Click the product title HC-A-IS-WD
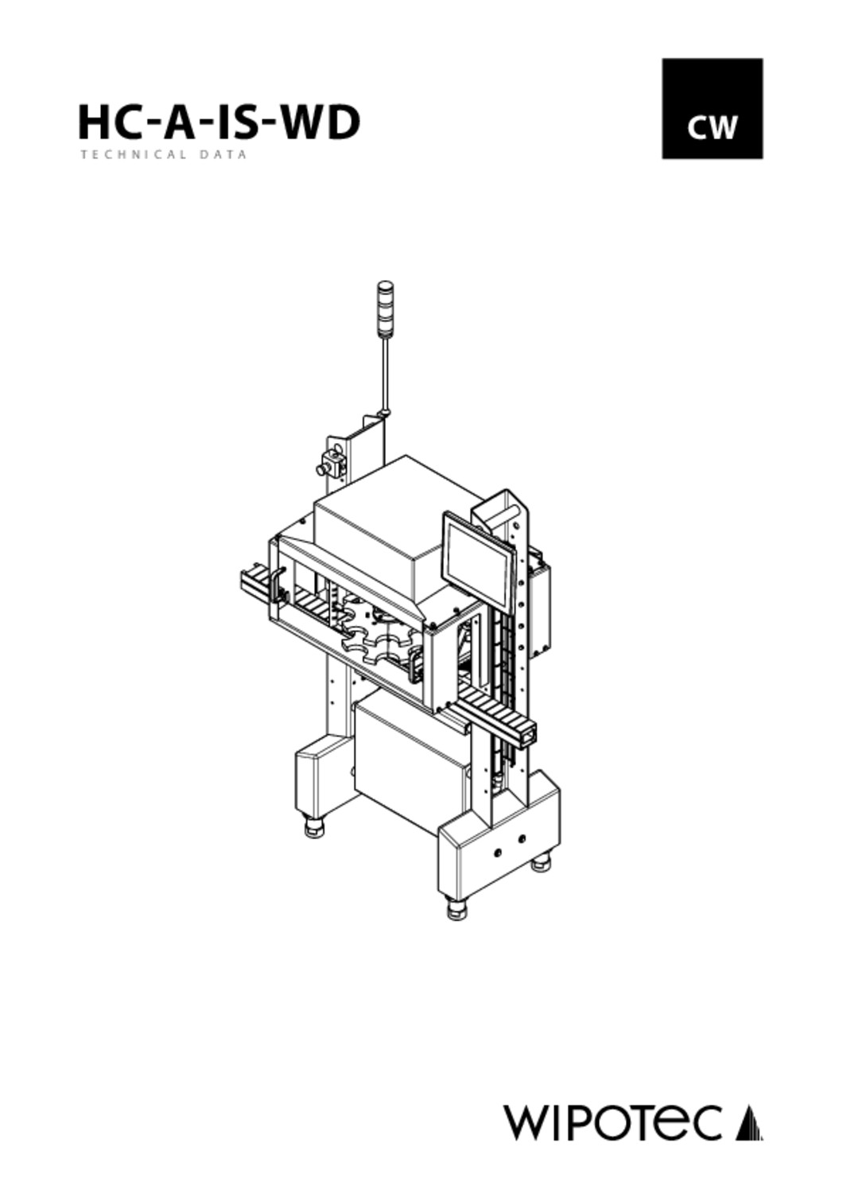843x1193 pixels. pos(219,122)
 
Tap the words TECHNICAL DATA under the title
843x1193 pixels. pos(164,155)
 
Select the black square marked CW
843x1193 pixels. pos(712,109)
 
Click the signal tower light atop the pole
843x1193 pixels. pos(383,308)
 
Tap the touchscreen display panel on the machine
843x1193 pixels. pos(479,558)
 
